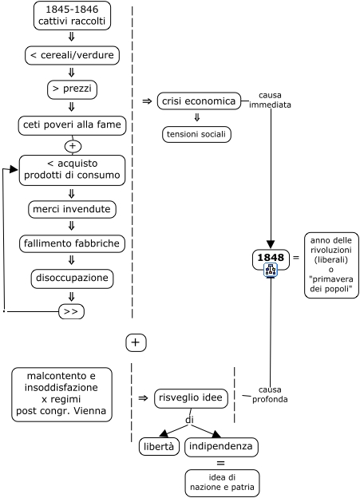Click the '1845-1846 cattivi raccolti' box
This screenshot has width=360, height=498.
point(72,16)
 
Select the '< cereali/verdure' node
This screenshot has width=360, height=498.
point(72,55)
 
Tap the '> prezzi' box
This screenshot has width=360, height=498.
point(72,89)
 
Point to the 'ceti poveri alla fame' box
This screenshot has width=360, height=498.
point(72,125)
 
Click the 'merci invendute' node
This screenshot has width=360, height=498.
point(72,210)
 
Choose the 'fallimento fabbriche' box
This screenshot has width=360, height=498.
point(72,244)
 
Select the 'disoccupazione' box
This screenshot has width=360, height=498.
point(72,279)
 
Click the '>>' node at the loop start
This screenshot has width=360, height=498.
point(72,311)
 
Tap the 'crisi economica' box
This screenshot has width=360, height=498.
point(199,101)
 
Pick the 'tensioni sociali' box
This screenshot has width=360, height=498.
point(196,134)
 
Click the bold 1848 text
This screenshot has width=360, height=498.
point(271,257)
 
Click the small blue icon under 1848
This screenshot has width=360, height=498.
point(271,270)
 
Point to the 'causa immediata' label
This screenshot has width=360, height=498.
point(270,100)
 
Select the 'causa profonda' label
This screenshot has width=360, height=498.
point(270,394)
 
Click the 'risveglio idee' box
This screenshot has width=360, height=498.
point(191,398)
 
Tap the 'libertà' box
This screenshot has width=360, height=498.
point(159,447)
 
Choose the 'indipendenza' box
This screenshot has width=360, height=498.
point(221,447)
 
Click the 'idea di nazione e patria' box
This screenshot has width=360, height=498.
point(222,483)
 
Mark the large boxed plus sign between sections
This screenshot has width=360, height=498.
point(136,342)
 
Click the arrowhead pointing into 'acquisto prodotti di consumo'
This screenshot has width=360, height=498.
point(14,169)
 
